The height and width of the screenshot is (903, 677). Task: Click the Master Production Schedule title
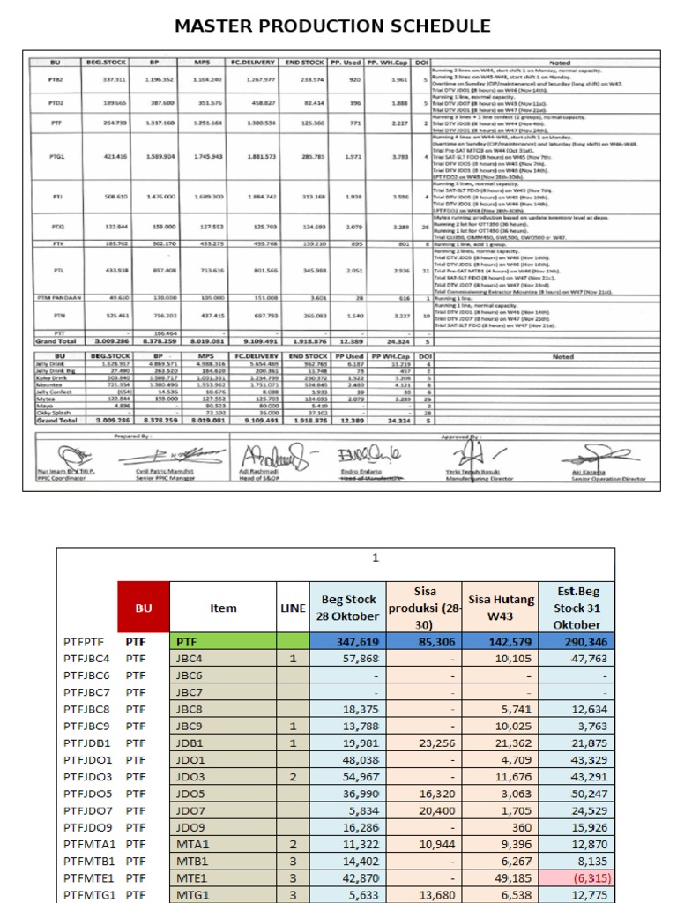[332, 26]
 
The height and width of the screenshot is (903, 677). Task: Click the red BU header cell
[143, 608]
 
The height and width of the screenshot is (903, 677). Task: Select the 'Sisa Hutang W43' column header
[502, 608]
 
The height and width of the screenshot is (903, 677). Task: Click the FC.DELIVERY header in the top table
[249, 63]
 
